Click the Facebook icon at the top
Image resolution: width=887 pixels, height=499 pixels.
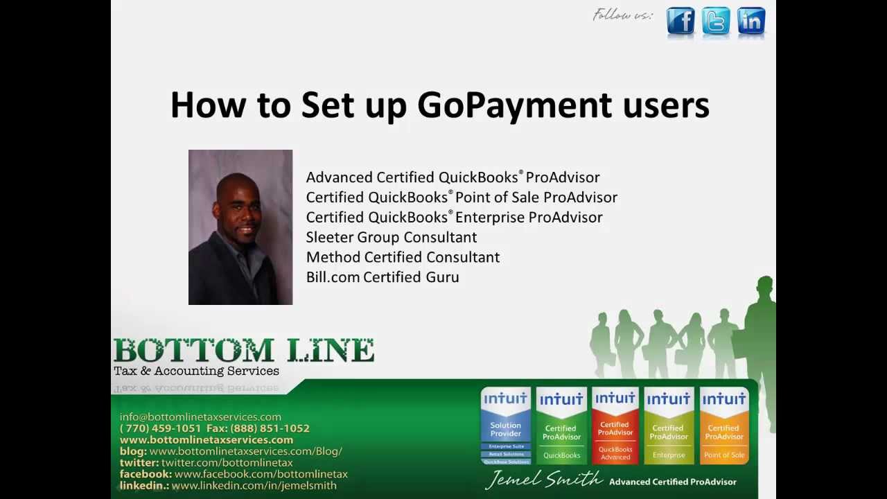click(680, 21)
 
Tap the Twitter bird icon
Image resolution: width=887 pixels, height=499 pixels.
click(715, 21)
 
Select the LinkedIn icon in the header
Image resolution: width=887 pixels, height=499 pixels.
click(751, 21)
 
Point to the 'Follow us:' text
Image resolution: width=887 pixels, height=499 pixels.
click(622, 15)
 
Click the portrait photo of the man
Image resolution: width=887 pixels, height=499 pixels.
click(240, 227)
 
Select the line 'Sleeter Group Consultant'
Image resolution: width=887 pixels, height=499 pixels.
click(391, 237)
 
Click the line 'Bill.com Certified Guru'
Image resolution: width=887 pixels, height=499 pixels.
click(383, 277)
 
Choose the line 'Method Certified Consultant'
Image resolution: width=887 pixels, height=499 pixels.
click(403, 257)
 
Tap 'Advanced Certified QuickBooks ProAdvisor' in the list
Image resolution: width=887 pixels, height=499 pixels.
click(453, 177)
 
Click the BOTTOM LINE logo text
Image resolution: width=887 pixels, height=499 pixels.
click(244, 351)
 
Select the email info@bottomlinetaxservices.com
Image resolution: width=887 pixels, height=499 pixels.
click(200, 417)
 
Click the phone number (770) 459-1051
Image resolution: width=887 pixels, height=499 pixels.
click(161, 428)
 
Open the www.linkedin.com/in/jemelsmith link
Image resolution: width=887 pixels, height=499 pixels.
click(254, 486)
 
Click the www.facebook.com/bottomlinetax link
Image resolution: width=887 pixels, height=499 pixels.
click(261, 474)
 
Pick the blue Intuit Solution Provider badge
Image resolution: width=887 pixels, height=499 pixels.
click(506, 426)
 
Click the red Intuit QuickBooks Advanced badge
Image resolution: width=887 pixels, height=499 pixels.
click(615, 426)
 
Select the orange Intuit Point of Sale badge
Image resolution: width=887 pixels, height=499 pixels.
click(724, 426)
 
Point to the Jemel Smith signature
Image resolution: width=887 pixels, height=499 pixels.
click(544, 480)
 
